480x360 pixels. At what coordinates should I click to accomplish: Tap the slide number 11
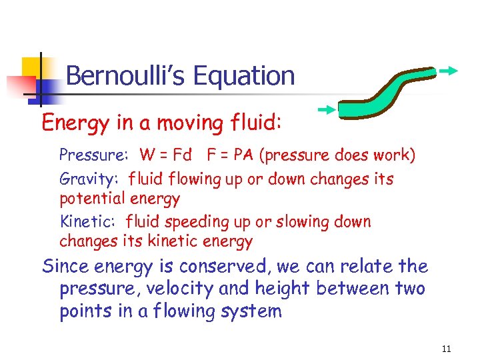click(x=446, y=348)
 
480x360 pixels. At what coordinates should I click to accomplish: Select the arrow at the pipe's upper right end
click(x=447, y=69)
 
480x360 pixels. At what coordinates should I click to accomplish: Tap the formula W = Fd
click(x=166, y=156)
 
